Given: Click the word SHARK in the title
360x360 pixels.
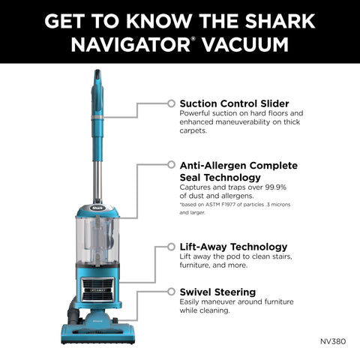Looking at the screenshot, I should (277, 19).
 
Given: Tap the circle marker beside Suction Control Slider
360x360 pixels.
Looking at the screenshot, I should (172, 103).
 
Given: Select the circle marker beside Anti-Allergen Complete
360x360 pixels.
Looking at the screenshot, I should (172, 165).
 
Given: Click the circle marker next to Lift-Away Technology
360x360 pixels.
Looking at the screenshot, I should (172, 246).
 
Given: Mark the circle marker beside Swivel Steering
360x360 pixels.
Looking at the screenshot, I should (172, 291).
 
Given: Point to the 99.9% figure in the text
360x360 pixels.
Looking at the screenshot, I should (278, 186).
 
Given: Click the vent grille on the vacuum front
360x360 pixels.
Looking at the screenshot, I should (97, 287).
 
